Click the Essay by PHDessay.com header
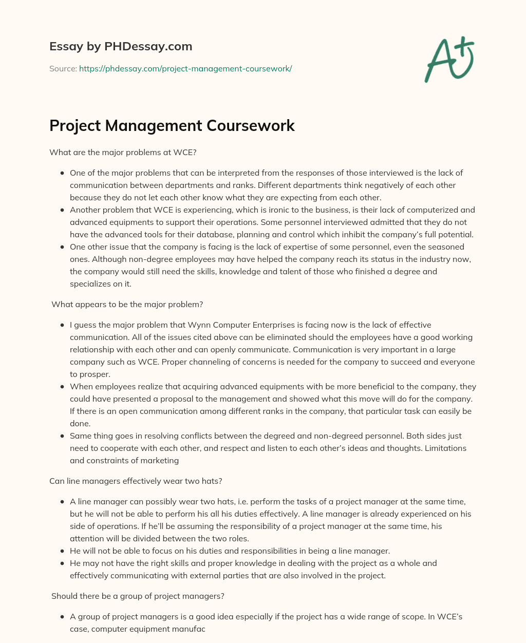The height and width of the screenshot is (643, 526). coord(121,47)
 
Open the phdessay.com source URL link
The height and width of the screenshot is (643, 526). coord(185,68)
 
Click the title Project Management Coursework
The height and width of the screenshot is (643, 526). coord(172,126)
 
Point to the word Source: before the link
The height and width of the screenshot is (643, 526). coord(63,68)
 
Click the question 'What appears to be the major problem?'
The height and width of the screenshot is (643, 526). coord(127,304)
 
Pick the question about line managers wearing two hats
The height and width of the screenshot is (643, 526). coord(136,481)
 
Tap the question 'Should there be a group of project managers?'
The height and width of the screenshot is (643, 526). coord(138,596)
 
